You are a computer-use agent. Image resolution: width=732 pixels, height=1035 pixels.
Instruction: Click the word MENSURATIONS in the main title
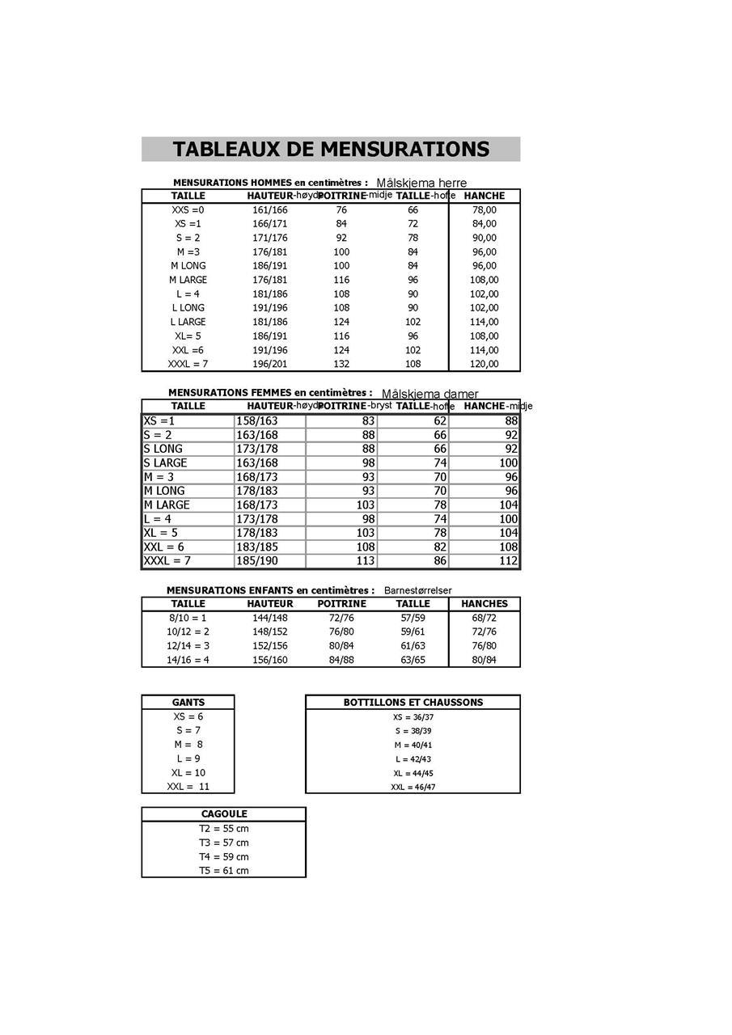click(x=404, y=150)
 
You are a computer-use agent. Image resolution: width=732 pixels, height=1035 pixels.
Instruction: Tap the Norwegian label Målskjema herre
click(x=421, y=184)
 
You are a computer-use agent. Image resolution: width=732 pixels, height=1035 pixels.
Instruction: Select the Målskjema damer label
click(x=429, y=394)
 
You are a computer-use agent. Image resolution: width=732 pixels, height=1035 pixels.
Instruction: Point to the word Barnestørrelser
click(x=417, y=590)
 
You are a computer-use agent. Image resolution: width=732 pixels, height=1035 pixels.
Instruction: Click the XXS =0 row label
click(x=188, y=210)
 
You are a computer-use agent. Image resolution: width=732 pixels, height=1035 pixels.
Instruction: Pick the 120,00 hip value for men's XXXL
click(x=484, y=364)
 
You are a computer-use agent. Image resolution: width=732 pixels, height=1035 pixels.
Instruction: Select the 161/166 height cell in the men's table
click(x=270, y=210)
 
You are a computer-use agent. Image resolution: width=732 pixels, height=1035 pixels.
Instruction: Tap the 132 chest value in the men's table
click(x=341, y=364)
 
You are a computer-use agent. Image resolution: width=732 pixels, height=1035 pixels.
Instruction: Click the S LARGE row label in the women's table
click(x=165, y=463)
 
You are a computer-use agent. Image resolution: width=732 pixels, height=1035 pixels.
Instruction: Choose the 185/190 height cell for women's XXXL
click(x=256, y=560)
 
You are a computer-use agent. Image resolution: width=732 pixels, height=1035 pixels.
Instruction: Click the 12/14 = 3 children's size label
click(x=188, y=646)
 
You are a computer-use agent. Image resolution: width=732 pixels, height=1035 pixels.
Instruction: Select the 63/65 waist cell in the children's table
click(x=413, y=660)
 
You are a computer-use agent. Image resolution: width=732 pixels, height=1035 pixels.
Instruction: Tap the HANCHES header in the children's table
click(x=484, y=604)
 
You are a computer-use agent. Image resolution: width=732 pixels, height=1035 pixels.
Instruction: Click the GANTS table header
click(x=188, y=703)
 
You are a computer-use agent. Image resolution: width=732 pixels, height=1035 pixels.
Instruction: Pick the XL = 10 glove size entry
click(x=188, y=773)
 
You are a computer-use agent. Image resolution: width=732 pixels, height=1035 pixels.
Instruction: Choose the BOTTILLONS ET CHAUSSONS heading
click(x=413, y=703)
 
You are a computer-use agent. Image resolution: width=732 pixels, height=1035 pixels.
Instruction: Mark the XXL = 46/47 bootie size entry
click(x=413, y=787)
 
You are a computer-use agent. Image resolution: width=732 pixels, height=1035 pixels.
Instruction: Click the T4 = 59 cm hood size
click(x=224, y=856)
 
